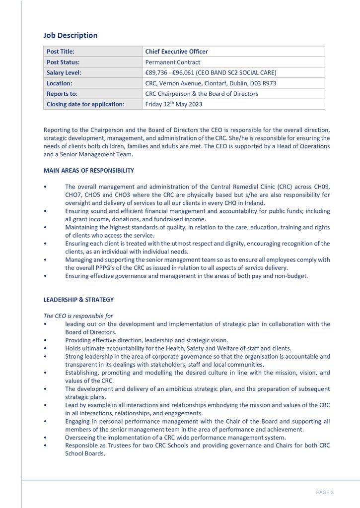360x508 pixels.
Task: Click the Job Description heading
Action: [x=71, y=35]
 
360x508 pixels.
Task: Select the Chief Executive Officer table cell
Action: [x=176, y=52]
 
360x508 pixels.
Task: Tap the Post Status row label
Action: [x=63, y=63]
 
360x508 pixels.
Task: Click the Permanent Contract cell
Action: [x=173, y=63]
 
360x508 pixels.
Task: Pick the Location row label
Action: [x=60, y=83]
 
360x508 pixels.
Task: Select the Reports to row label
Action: [x=62, y=94]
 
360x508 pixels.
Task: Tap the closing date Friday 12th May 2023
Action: [x=173, y=104]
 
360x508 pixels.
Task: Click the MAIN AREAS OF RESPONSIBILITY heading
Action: [x=88, y=171]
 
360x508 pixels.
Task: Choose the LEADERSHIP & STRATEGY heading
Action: [x=78, y=300]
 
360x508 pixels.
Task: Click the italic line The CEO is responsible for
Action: [x=78, y=316]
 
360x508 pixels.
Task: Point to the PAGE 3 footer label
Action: [x=325, y=493]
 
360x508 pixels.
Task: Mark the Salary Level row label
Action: [x=64, y=73]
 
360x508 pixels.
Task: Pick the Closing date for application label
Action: [x=85, y=104]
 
